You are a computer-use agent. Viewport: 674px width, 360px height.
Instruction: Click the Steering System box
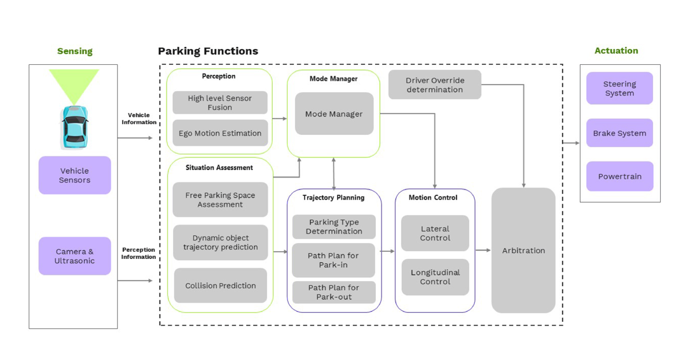click(x=619, y=88)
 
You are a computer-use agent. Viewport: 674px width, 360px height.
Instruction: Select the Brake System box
click(x=619, y=133)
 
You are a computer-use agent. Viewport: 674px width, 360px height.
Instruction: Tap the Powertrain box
click(x=619, y=176)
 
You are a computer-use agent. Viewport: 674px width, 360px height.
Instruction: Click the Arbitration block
click(x=523, y=250)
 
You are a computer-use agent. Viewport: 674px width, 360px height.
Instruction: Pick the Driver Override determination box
click(x=434, y=85)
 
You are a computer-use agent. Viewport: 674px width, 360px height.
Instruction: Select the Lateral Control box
click(x=434, y=233)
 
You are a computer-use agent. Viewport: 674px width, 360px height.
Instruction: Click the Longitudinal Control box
click(x=434, y=277)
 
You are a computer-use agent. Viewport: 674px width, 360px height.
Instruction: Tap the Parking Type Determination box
click(x=333, y=226)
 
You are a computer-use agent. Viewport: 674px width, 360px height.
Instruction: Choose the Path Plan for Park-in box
click(x=333, y=260)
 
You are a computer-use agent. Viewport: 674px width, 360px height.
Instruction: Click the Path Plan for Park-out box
click(x=333, y=292)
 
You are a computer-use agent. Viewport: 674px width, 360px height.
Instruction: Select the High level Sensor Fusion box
click(x=219, y=102)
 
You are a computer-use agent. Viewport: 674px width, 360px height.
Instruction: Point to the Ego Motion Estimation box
click(x=219, y=133)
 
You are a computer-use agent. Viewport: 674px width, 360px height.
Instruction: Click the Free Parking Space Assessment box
click(x=220, y=200)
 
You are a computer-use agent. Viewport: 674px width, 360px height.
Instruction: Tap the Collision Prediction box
click(x=220, y=286)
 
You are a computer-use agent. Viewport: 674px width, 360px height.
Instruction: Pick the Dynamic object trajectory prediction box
click(x=220, y=242)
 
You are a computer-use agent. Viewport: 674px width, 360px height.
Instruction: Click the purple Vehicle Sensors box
click(x=74, y=175)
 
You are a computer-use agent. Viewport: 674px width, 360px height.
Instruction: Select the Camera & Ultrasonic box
click(x=74, y=256)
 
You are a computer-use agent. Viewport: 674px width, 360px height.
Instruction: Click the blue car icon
click(x=74, y=127)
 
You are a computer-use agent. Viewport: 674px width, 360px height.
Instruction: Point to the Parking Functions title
click(x=208, y=51)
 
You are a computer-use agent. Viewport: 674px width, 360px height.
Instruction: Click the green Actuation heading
click(x=616, y=50)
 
